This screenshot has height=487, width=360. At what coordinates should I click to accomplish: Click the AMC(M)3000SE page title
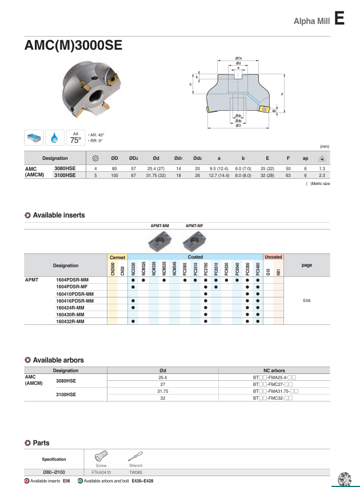tap(73, 45)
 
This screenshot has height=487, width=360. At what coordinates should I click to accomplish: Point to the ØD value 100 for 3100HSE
tap(114, 176)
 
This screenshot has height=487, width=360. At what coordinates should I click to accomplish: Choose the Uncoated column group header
tap(273, 257)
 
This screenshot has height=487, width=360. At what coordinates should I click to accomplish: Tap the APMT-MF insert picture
tap(194, 241)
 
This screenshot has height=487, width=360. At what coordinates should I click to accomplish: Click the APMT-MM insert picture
tap(159, 241)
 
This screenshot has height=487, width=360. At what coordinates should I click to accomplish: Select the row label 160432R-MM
tap(70, 321)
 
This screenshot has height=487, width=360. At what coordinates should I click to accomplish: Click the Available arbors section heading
tap(58, 360)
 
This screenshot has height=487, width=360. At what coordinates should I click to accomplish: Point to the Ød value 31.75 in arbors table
tap(163, 391)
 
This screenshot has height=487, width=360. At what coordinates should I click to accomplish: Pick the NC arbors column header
tap(274, 371)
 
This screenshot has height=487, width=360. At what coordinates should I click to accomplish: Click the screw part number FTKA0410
tap(101, 473)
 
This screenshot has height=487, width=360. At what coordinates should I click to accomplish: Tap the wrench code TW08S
tap(135, 473)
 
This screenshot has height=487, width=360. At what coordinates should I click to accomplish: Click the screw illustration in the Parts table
tap(101, 457)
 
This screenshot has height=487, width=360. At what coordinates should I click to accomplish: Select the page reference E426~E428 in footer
tap(142, 481)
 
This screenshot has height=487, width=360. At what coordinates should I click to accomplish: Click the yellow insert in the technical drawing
tap(265, 108)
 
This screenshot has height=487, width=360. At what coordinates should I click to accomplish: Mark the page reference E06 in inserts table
tap(306, 300)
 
